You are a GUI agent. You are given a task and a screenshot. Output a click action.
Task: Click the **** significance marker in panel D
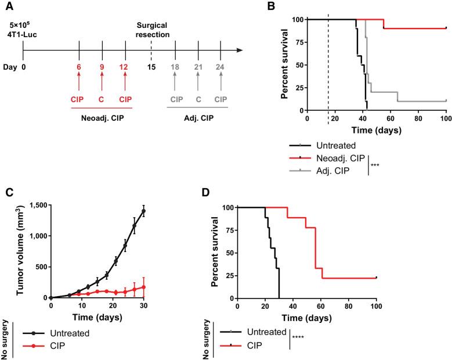click(x=301, y=338)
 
